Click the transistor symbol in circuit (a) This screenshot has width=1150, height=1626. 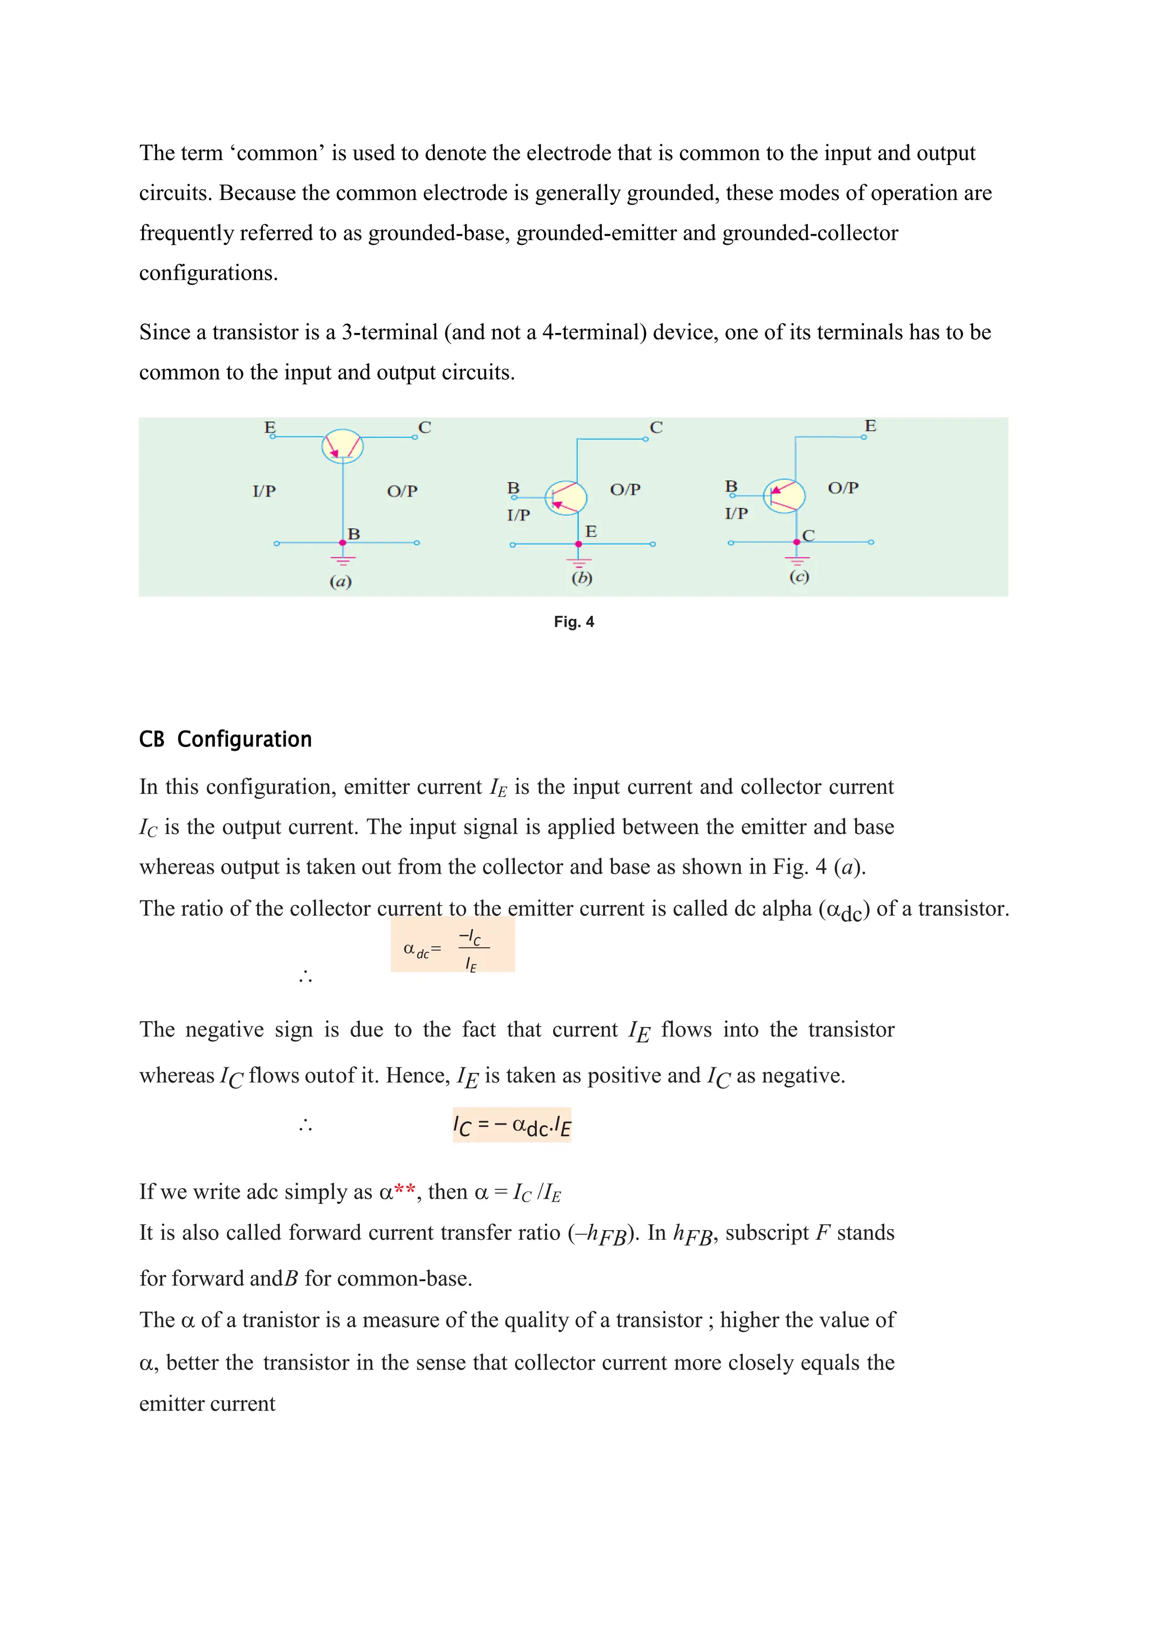[343, 446]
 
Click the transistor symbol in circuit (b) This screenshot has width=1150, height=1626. [566, 497]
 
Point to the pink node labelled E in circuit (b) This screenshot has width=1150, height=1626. [578, 544]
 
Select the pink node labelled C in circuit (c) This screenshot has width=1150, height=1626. [797, 542]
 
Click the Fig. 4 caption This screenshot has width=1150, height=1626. [573, 622]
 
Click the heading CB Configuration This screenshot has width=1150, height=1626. [225, 739]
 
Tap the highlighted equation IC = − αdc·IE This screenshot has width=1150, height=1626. [512, 1125]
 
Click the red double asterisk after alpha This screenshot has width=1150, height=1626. [404, 1190]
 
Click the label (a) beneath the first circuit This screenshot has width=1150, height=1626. [341, 582]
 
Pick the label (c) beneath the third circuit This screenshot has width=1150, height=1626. [799, 577]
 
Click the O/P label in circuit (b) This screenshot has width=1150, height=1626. [626, 490]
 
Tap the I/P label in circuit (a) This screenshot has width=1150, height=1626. [264, 491]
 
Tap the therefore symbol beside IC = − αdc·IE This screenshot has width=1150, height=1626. [305, 1125]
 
